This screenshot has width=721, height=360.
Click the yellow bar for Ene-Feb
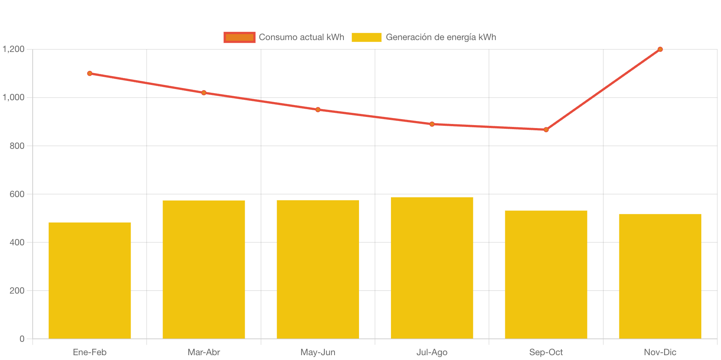click(x=90, y=280)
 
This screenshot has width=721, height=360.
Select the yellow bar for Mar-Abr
click(x=204, y=269)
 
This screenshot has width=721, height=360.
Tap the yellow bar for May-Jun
click(x=318, y=269)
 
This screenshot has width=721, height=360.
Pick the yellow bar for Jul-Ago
click(x=432, y=268)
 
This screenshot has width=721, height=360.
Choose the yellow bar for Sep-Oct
click(x=546, y=274)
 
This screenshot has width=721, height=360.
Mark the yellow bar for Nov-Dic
click(x=660, y=276)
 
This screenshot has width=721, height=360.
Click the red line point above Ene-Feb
click(x=90, y=73)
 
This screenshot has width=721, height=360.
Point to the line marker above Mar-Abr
click(x=204, y=93)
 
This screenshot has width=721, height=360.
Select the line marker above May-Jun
click(x=318, y=109)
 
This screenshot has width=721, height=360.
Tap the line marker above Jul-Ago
click(x=432, y=124)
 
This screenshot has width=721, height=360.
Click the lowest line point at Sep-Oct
click(x=546, y=130)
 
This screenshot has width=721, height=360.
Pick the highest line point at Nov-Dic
click(x=660, y=49)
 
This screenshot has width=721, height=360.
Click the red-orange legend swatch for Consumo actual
click(x=239, y=37)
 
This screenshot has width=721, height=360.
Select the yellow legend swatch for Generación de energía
click(x=366, y=37)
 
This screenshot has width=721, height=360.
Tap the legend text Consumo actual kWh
click(x=301, y=37)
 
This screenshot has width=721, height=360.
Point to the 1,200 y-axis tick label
click(x=14, y=49)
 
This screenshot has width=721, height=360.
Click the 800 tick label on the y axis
click(x=17, y=146)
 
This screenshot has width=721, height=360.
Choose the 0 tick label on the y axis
click(x=22, y=339)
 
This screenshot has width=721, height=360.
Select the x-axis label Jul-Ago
click(x=432, y=352)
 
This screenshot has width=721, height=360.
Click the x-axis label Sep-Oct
click(x=546, y=352)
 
